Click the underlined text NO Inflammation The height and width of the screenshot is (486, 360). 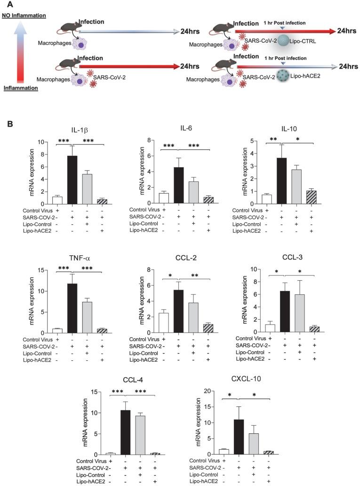click(23, 16)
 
